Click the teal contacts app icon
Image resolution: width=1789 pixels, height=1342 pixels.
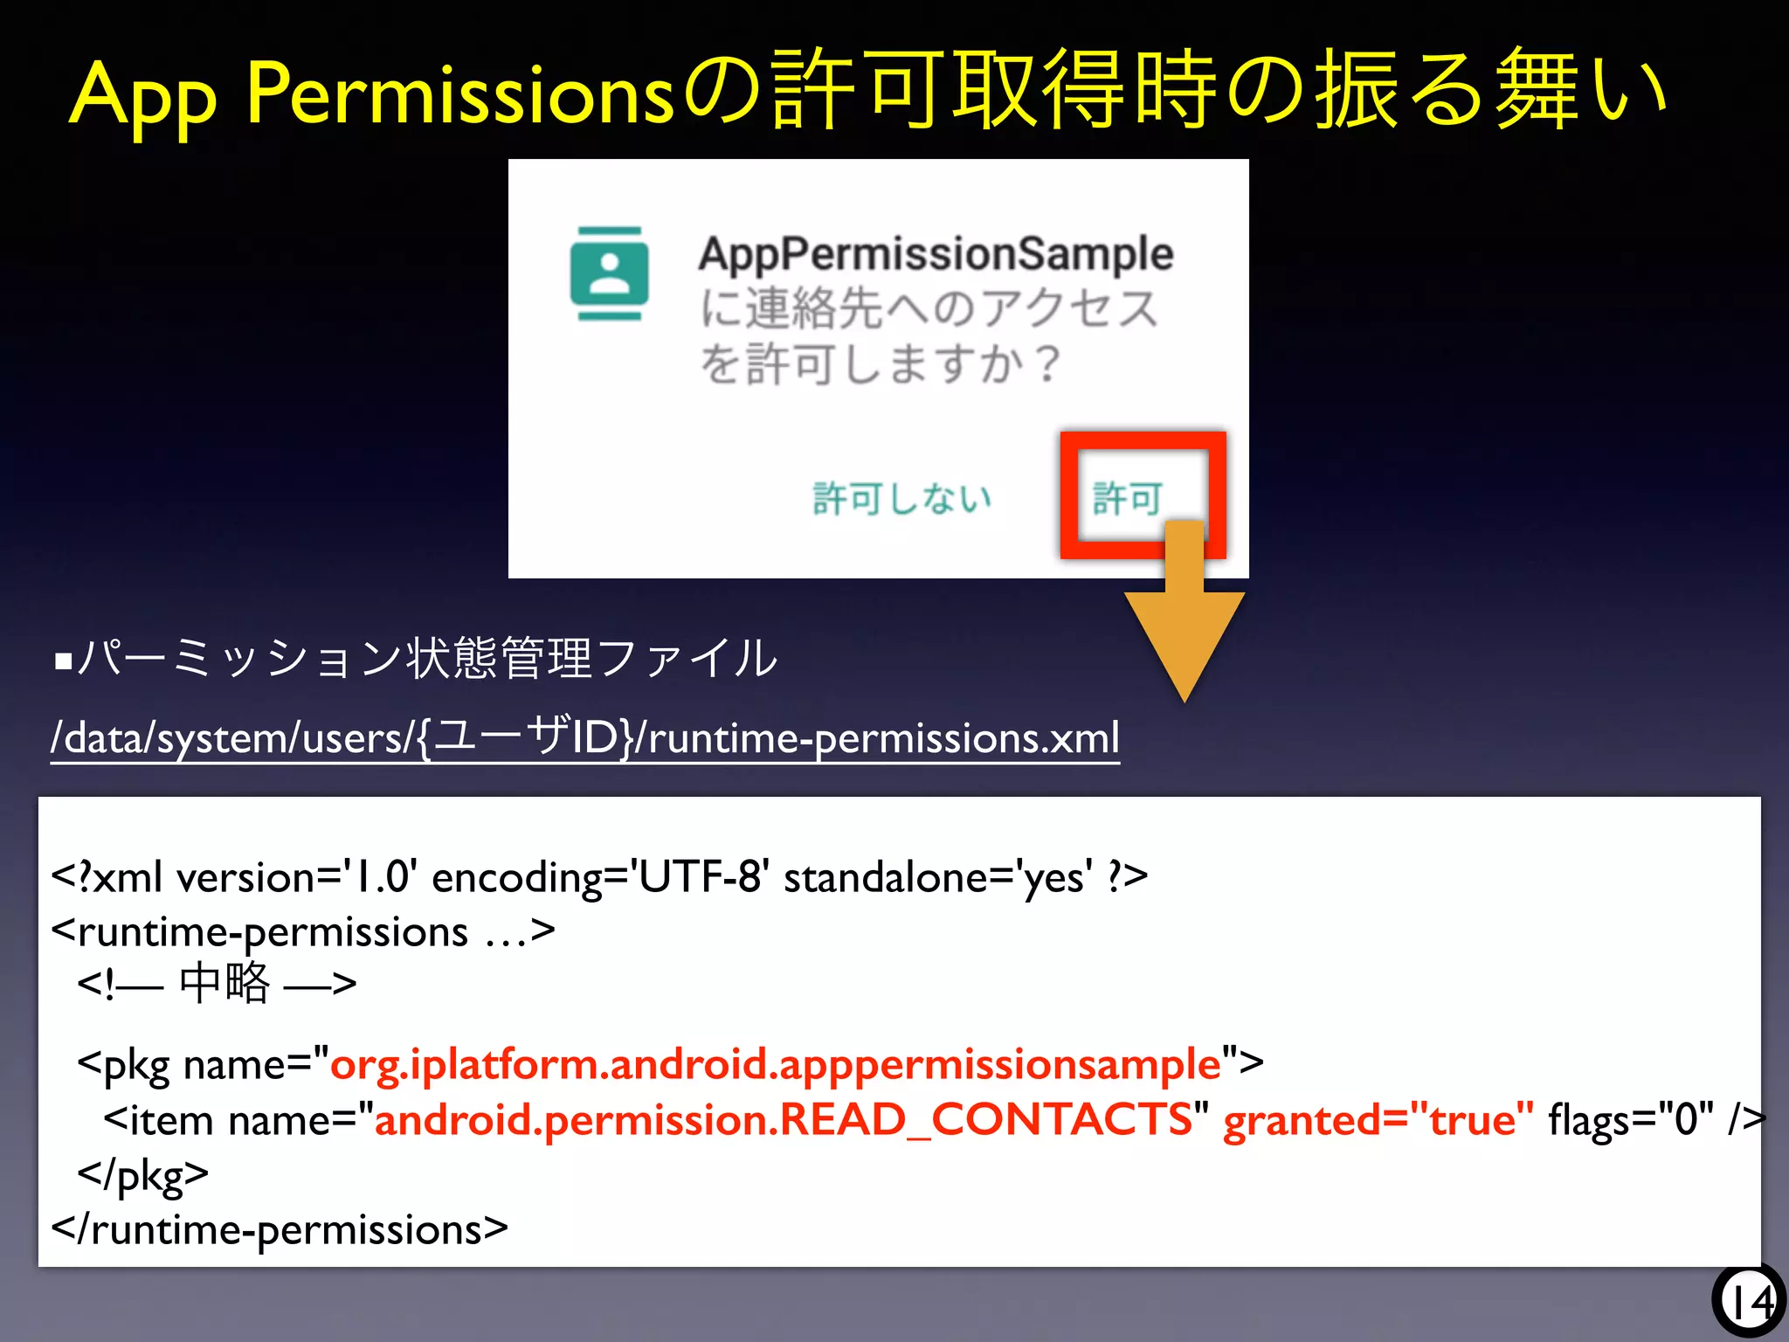coord(609,273)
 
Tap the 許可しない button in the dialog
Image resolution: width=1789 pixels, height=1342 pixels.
coord(901,499)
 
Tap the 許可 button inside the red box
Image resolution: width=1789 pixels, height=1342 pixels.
coord(1127,499)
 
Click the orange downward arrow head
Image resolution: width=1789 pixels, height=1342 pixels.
coord(1184,642)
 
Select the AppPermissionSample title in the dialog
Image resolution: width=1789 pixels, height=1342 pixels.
coord(936,254)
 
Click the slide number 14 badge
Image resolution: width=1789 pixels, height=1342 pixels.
coord(1749,1302)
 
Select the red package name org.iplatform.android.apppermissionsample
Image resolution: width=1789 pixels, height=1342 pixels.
coord(775,1064)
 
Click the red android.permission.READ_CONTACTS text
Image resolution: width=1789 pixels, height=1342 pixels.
coord(783,1120)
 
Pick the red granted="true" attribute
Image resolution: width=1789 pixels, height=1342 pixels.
coord(1378,1120)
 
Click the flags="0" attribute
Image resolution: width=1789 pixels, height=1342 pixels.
coord(1630,1120)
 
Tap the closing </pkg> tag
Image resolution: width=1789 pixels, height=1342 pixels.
coord(143,1175)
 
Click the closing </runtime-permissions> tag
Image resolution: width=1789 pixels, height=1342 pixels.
coord(280,1230)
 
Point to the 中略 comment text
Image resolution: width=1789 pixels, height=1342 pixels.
coord(224,984)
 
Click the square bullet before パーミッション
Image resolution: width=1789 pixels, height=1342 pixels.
coord(63,661)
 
